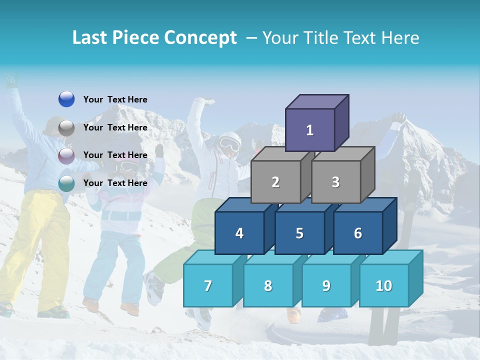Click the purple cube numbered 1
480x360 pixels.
pyautogui.click(x=310, y=130)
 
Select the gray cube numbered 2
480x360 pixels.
pyautogui.click(x=275, y=182)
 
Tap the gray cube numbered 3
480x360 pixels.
pyautogui.click(x=335, y=182)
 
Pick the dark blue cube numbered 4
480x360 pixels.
pyautogui.click(x=239, y=233)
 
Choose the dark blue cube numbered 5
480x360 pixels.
pyautogui.click(x=299, y=233)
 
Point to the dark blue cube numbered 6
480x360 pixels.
pyautogui.click(x=358, y=233)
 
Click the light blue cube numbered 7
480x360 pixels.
pyautogui.click(x=208, y=285)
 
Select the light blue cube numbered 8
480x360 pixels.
pyautogui.click(x=268, y=285)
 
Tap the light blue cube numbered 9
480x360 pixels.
pyautogui.click(x=326, y=285)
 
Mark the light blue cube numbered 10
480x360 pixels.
pyautogui.click(x=384, y=285)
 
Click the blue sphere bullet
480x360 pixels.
pyautogui.click(x=66, y=99)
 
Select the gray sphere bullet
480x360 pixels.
pyautogui.click(x=66, y=127)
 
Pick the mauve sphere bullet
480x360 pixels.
pyautogui.click(x=66, y=155)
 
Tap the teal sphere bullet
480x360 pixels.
pyautogui.click(x=66, y=183)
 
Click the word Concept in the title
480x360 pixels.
pyautogui.click(x=200, y=38)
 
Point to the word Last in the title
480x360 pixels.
pyautogui.click(x=91, y=38)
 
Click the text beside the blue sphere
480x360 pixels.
pyautogui.click(x=115, y=99)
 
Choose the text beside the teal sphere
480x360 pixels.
pyautogui.click(x=115, y=183)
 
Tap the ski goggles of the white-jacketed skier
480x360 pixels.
pyautogui.click(x=229, y=144)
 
